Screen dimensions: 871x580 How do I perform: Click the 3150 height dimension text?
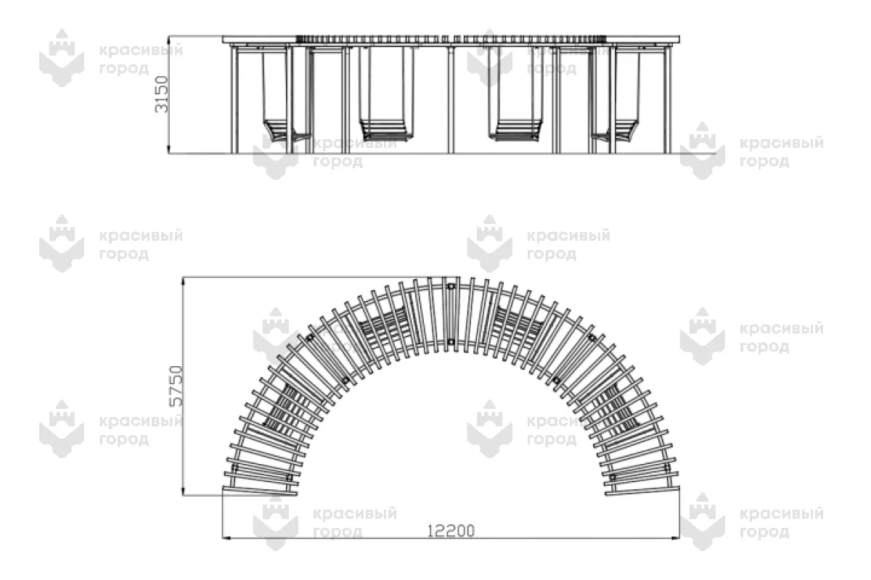(x=162, y=94)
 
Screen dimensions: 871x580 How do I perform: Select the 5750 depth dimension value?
(x=176, y=386)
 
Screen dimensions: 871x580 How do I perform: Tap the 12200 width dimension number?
(x=451, y=531)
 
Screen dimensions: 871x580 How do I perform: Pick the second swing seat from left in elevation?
(x=383, y=130)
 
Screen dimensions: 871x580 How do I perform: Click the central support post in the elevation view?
(x=451, y=100)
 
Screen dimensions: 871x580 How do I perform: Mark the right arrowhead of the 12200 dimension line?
(x=676, y=539)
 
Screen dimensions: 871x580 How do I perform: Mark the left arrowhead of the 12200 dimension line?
(x=226, y=539)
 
